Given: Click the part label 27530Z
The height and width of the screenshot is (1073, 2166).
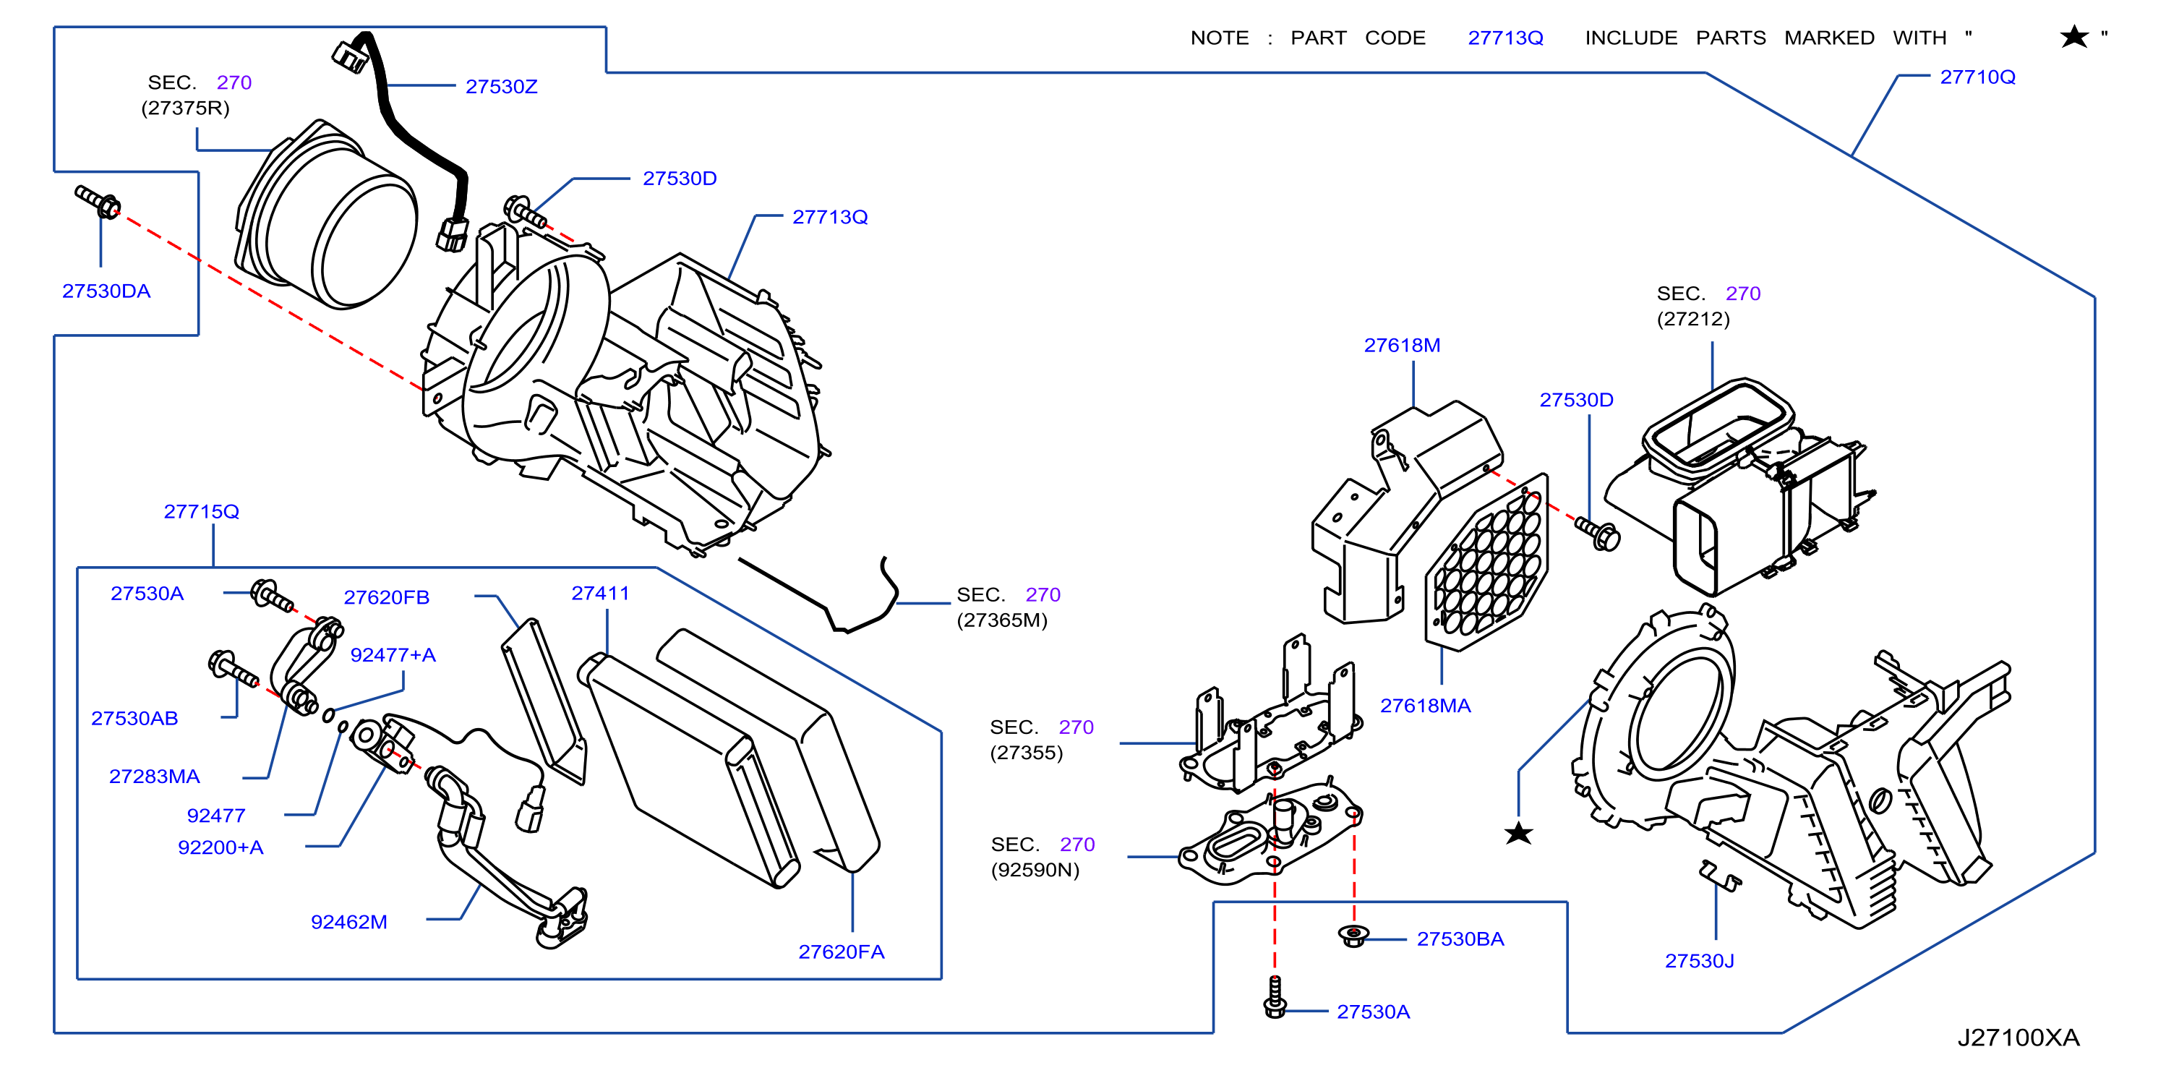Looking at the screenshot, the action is pyautogui.click(x=501, y=87).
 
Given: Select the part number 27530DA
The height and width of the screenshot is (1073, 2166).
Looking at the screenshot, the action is pyautogui.click(x=106, y=291).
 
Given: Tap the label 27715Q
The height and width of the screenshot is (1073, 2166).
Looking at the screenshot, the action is pyautogui.click(x=201, y=511).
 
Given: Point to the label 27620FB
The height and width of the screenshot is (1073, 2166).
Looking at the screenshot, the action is pyautogui.click(x=386, y=597).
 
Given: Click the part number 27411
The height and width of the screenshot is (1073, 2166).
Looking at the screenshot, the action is pyautogui.click(x=599, y=593).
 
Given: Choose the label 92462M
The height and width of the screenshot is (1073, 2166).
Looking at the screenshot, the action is pyautogui.click(x=349, y=922).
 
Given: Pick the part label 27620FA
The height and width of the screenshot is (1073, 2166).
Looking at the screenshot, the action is pyautogui.click(x=841, y=952).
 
